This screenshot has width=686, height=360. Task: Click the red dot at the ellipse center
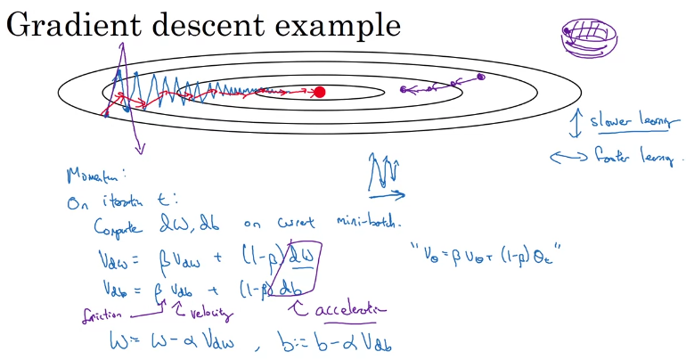(x=320, y=92)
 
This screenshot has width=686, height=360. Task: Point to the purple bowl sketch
(x=583, y=37)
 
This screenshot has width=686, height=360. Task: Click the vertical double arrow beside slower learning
(x=576, y=123)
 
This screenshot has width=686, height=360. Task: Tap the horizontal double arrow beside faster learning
(x=569, y=158)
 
